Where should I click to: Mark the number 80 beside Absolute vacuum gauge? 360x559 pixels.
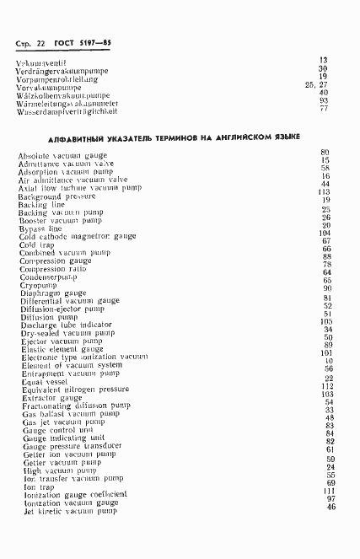click(325, 151)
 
